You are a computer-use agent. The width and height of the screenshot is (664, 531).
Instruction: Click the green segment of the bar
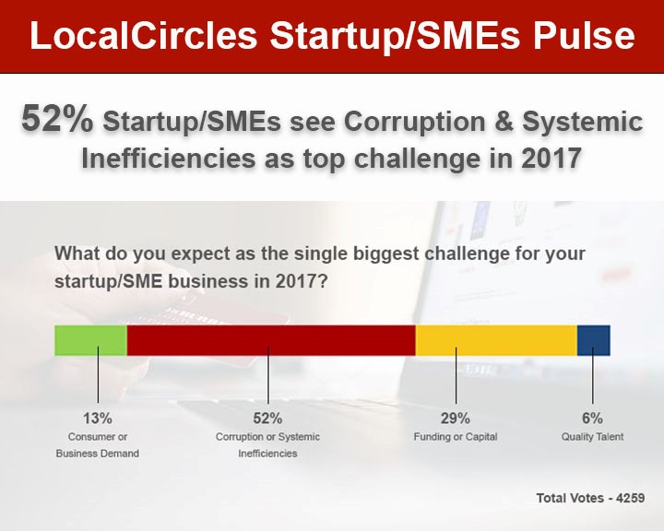[90, 340]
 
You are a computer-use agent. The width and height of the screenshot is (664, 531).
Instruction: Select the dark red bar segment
[271, 340]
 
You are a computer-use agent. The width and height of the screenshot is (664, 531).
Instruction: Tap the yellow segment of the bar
[496, 340]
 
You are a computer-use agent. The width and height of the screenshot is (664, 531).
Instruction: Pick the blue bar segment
[594, 340]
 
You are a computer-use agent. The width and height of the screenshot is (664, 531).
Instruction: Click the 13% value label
[98, 419]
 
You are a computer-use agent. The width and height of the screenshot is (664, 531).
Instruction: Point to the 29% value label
[456, 419]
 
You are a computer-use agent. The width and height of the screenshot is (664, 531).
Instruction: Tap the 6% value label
[592, 419]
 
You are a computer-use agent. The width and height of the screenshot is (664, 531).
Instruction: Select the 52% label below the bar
[267, 419]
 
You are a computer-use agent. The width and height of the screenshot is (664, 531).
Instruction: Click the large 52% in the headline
[57, 119]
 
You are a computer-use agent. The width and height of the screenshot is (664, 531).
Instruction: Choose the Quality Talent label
[592, 437]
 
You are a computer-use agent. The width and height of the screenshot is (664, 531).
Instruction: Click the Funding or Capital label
[456, 437]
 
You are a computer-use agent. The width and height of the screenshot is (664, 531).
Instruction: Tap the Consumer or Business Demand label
[98, 445]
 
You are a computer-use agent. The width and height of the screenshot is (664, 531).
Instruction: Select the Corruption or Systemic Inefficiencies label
[267, 445]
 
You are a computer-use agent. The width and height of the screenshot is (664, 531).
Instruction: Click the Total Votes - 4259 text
[590, 498]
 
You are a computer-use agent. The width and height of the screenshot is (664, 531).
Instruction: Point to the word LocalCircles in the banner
[144, 35]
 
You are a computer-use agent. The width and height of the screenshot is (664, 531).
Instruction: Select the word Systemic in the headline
[582, 123]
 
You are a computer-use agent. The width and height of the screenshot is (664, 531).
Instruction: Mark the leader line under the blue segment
[592, 375]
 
